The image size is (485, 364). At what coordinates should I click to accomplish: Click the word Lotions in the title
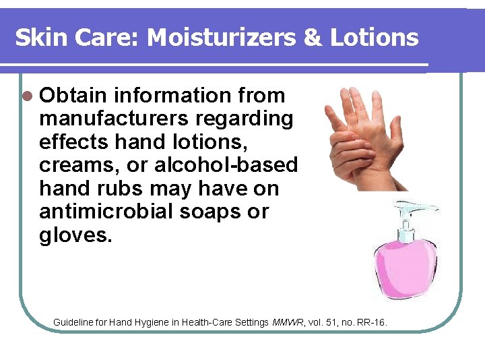coord(375,38)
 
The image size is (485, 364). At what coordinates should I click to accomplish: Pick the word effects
coord(74,142)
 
